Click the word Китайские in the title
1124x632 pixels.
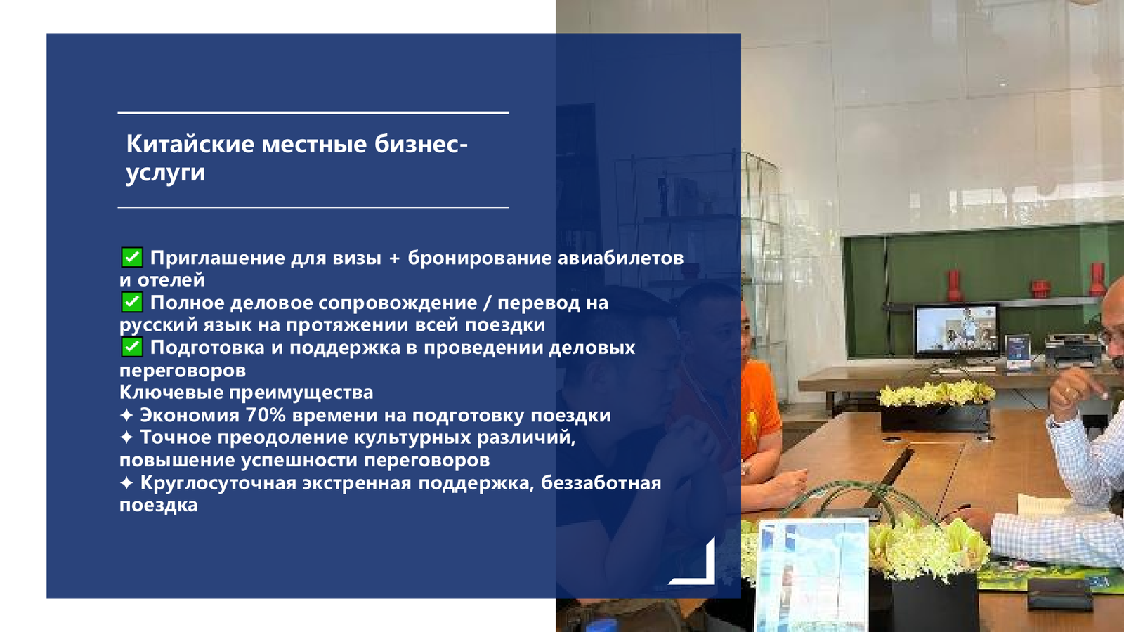click(x=190, y=144)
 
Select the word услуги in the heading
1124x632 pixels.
click(x=166, y=173)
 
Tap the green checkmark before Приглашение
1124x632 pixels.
click(x=132, y=257)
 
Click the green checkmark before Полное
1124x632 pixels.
click(x=132, y=303)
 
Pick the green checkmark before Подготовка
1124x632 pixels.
click(x=132, y=347)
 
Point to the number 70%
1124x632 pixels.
click(x=266, y=415)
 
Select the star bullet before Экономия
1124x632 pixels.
click(x=126, y=415)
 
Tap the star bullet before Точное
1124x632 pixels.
click(x=126, y=437)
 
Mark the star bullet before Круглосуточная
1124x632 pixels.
click(x=126, y=483)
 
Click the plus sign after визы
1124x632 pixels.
click(x=394, y=258)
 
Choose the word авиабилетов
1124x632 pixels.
click(x=621, y=258)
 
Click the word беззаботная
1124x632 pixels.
click(x=601, y=483)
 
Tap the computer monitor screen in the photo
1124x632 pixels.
click(x=956, y=329)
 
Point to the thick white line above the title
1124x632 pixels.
click(x=313, y=113)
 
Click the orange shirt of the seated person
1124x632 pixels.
click(x=759, y=407)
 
